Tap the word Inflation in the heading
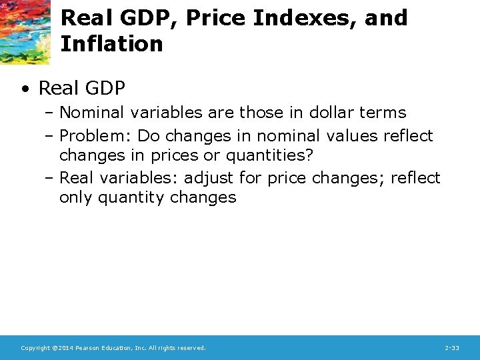pos(111,44)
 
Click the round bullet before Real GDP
pos(25,88)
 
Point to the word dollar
pos(335,112)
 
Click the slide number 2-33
pos(452,348)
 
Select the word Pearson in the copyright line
pos(89,348)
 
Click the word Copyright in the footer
pos(34,348)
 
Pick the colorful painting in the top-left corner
pos(25,31)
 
